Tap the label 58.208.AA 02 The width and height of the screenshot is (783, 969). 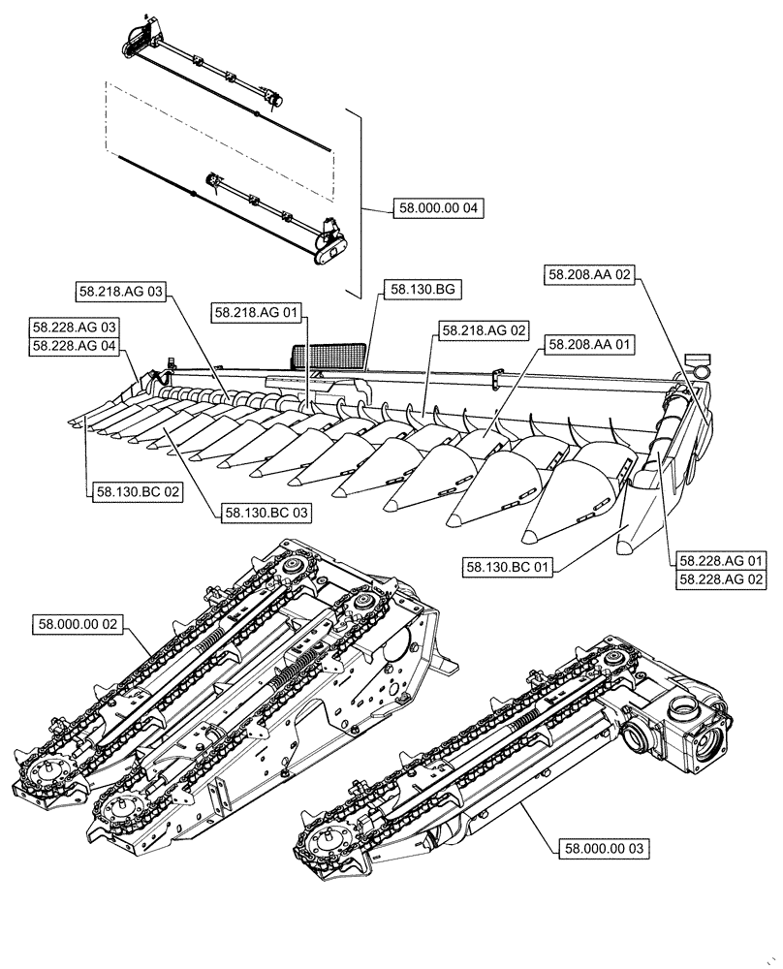tap(590, 275)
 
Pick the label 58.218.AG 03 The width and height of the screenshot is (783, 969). tap(119, 290)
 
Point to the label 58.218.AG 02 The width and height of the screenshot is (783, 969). tap(485, 330)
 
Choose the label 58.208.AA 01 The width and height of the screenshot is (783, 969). tap(589, 344)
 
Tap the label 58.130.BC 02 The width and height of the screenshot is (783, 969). tap(138, 492)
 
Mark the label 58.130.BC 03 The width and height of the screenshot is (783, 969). tap(266, 511)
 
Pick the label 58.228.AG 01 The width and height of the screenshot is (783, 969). tap(722, 561)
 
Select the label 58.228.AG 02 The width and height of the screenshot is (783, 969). tap(722, 578)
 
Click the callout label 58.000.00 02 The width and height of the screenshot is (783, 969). tap(78, 624)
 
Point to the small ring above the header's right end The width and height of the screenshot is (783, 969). tap(699, 369)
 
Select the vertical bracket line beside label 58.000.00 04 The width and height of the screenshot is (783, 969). tap(360, 203)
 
